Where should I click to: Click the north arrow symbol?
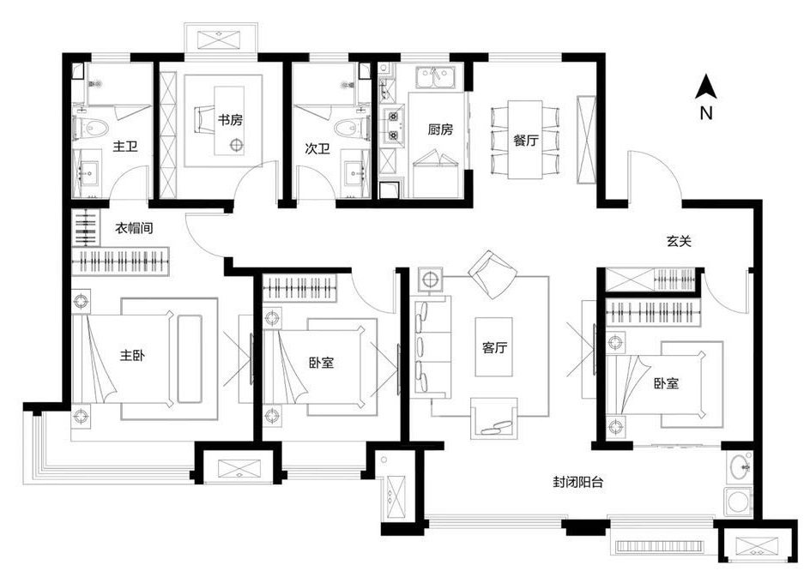(x=705, y=87)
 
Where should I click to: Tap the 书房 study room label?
(x=230, y=121)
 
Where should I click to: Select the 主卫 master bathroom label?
(x=125, y=147)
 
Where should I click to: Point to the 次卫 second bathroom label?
(x=317, y=149)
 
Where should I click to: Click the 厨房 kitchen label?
(x=440, y=129)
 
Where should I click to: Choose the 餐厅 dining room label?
(x=526, y=139)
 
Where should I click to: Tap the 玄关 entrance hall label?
(x=679, y=241)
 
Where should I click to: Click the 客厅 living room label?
(x=495, y=348)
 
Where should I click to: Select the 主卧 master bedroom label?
(x=132, y=355)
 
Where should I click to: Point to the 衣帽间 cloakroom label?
(x=133, y=228)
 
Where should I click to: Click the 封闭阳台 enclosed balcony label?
(x=577, y=482)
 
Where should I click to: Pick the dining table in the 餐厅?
(x=525, y=139)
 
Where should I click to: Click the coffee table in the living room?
(x=493, y=347)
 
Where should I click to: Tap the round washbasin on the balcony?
(x=740, y=466)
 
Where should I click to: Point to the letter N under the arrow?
(x=706, y=112)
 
